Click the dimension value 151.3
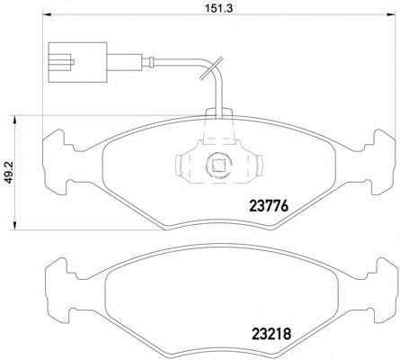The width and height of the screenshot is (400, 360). coord(218,8)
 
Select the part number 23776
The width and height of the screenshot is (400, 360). coord(269,206)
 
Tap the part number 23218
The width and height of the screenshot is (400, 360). coord(271,334)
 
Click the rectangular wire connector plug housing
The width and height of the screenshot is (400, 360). coord(77,62)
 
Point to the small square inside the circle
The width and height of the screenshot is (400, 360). coord(218,165)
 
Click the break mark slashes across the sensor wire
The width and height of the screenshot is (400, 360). coord(211,68)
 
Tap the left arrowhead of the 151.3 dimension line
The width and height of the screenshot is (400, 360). coord(48,14)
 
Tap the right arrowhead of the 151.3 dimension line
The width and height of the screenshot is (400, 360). coord(391,14)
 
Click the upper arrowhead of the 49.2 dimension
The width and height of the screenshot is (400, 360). coord(14,121)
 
